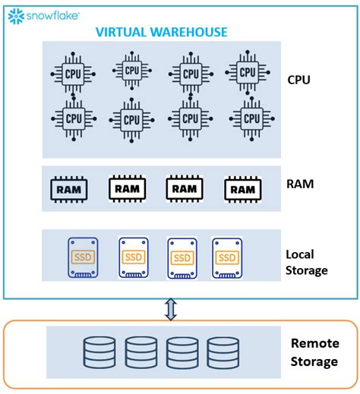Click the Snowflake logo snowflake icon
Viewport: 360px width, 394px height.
click(x=15, y=14)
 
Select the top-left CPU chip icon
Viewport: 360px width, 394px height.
click(x=74, y=73)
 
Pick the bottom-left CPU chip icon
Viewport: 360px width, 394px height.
click(x=74, y=118)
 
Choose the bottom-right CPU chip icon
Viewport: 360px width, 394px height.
click(x=248, y=118)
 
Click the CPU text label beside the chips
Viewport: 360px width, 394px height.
click(x=299, y=79)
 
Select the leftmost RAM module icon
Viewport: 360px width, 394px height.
click(x=68, y=188)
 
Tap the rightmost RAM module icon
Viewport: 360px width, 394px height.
click(x=243, y=188)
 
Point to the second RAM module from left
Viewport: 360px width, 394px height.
click(x=127, y=188)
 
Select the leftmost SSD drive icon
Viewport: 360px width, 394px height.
click(x=82, y=257)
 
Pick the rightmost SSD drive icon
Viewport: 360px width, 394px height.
click(x=228, y=257)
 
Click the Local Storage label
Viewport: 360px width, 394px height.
click(x=307, y=262)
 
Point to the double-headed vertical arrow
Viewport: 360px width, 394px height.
click(x=172, y=308)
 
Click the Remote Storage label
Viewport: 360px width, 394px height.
click(x=314, y=352)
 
